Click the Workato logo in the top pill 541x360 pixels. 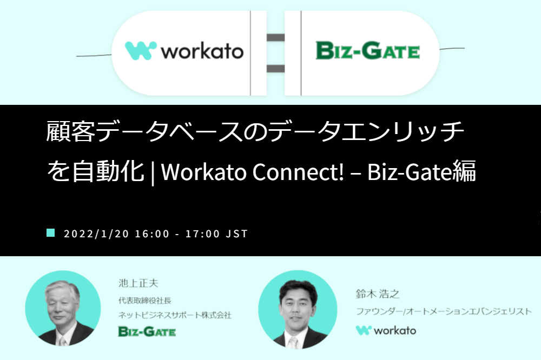click(184, 51)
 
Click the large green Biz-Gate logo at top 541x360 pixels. click(368, 51)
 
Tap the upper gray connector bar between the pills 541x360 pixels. click(276, 38)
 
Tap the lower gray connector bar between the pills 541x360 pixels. click(276, 68)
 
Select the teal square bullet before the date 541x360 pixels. click(51, 233)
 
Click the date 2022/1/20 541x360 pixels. click(96, 234)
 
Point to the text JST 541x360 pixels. click(237, 234)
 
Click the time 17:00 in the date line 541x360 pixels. click(202, 234)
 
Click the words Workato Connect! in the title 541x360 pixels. click(253, 172)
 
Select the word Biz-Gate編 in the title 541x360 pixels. click(421, 171)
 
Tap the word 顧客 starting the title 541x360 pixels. click(70, 131)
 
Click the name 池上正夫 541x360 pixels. click(138, 283)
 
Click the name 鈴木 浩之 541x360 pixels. click(378, 294)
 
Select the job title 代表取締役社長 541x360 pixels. click(145, 301)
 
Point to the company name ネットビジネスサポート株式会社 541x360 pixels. click(175, 315)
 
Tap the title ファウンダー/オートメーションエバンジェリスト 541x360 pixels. click(444, 311)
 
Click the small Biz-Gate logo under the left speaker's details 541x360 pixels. click(147, 331)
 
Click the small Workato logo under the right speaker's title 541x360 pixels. click(386, 330)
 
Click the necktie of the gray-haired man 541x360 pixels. click(62, 342)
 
